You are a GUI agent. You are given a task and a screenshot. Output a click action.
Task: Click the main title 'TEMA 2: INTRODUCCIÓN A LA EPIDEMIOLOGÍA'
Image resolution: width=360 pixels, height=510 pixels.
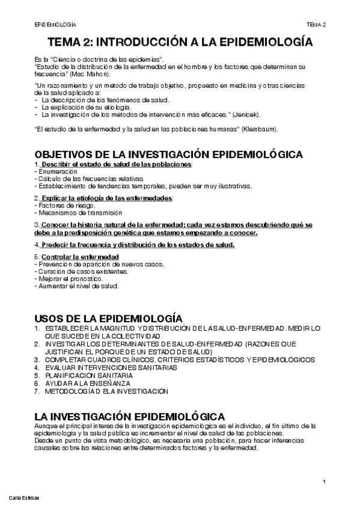click(180, 43)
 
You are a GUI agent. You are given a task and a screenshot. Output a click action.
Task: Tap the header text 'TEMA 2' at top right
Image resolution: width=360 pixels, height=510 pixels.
click(316, 25)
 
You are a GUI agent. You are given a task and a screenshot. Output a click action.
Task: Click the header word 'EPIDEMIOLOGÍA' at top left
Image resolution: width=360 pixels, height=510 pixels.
click(56, 25)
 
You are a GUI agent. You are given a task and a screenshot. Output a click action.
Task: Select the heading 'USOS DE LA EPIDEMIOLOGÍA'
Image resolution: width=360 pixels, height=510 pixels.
click(108, 318)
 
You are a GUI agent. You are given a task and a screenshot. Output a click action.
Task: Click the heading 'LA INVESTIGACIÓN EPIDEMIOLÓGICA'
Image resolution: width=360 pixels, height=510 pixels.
click(130, 416)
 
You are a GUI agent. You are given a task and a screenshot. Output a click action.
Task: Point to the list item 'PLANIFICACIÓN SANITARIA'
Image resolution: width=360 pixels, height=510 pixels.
click(88, 375)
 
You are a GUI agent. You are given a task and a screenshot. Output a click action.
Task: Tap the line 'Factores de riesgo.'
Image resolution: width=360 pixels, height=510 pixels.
click(62, 205)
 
